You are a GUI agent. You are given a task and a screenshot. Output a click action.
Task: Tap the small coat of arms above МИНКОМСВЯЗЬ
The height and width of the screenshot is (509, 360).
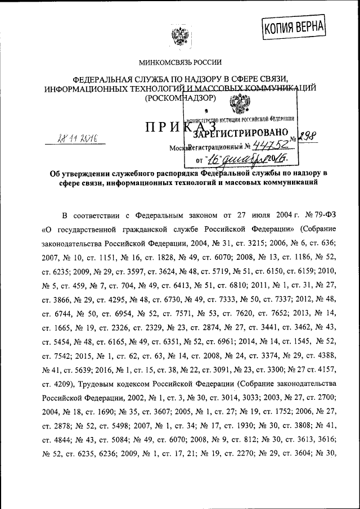(x=180, y=38)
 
